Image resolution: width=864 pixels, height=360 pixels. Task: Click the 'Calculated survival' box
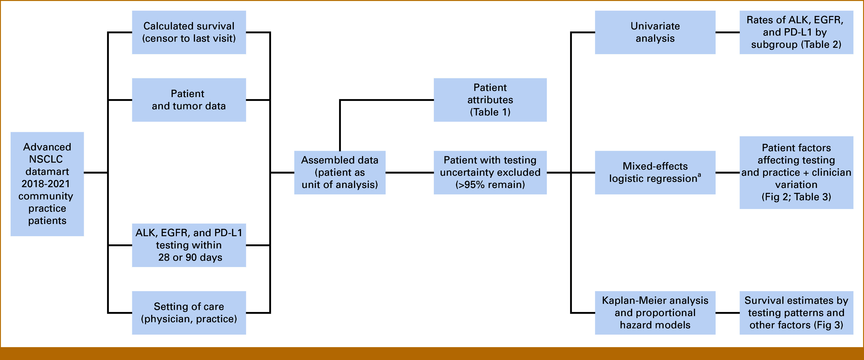click(x=189, y=32)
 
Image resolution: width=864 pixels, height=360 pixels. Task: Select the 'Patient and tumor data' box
click(x=189, y=100)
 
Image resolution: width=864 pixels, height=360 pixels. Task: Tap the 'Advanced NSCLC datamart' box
click(x=47, y=184)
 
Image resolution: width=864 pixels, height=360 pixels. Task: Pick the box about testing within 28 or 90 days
click(x=189, y=245)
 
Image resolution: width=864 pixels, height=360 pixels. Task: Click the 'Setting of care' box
click(x=189, y=313)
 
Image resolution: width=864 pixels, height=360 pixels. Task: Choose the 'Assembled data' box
click(x=340, y=172)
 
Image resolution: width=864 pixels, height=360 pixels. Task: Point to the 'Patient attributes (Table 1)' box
click(x=490, y=100)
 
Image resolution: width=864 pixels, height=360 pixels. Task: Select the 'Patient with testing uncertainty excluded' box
click(x=490, y=172)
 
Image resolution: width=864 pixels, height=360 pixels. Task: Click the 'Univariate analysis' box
click(x=655, y=32)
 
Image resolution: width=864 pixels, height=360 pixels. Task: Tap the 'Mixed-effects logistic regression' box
click(x=655, y=172)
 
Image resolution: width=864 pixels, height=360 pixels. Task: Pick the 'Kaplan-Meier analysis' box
click(x=655, y=313)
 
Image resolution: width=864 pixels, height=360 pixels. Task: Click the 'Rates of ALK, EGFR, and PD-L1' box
click(x=796, y=32)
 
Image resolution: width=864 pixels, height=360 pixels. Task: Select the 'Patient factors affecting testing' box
click(x=796, y=172)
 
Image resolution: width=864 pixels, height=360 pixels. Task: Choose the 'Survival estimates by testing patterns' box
click(x=796, y=313)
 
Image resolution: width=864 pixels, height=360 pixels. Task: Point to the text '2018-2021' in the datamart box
click(x=46, y=184)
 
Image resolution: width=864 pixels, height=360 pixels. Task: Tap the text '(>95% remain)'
click(x=490, y=184)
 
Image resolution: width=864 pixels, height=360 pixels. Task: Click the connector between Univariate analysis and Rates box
click(x=728, y=32)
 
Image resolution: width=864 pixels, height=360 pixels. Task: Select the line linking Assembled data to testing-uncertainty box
click(x=410, y=172)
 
